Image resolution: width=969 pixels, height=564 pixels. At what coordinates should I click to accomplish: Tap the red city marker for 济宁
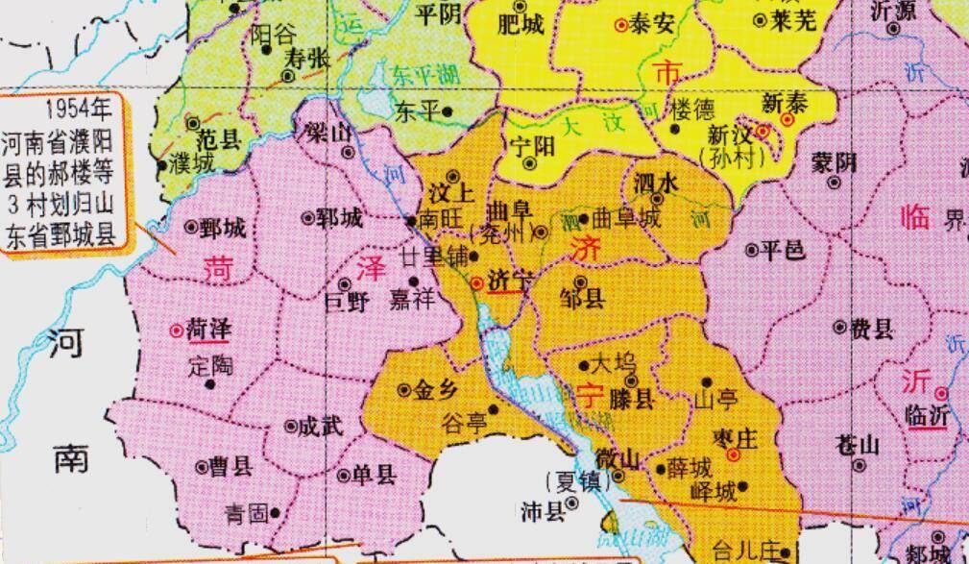pos(478,282)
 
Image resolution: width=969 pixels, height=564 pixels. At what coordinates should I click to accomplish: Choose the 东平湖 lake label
pos(425,73)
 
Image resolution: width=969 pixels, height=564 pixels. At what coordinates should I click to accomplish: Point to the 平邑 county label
pos(781,249)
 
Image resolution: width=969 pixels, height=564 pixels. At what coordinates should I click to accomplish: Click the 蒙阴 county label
pos(834,161)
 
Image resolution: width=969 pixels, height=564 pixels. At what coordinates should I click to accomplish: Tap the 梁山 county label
pos(327,134)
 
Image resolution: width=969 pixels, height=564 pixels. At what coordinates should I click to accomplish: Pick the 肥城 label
pos(522,25)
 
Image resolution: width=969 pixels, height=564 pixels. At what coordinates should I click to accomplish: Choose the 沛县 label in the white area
pos(543,511)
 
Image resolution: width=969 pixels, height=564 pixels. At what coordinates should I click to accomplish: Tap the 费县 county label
pos(871,330)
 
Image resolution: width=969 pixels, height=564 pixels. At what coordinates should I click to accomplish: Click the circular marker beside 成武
pos(292,426)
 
